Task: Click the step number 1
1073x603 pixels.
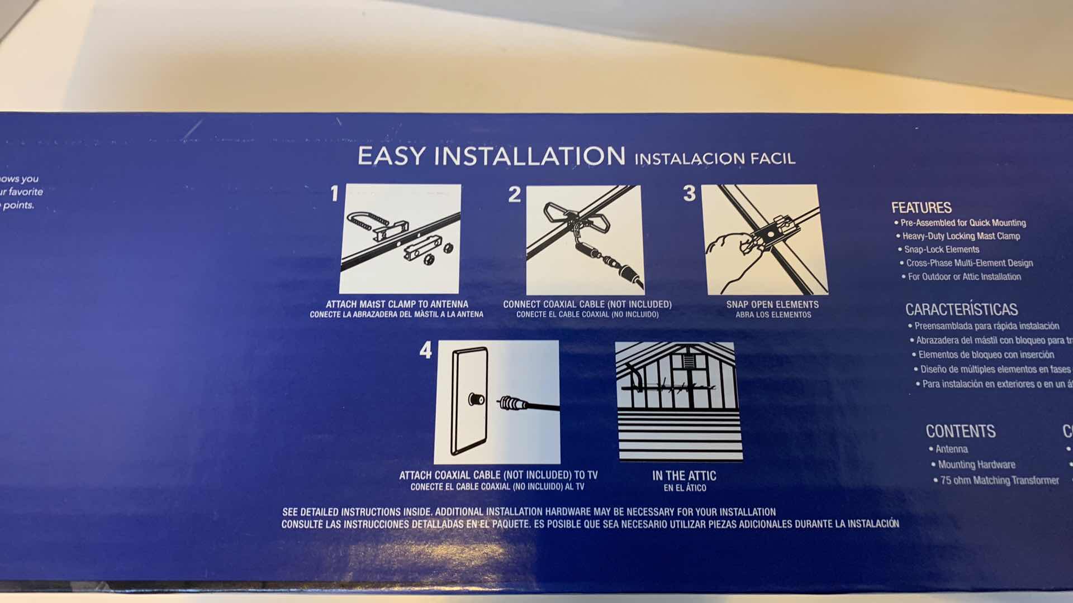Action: point(334,194)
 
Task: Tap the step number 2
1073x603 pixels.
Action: point(514,194)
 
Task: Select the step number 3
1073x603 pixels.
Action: point(689,193)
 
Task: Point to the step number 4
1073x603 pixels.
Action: point(426,350)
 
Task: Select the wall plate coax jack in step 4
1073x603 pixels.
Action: point(476,399)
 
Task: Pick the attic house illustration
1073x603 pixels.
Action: point(679,401)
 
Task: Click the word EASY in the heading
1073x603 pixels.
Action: point(392,156)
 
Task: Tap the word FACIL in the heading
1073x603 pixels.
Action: point(772,159)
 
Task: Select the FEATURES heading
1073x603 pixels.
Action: point(921,208)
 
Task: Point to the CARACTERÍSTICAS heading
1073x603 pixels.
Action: point(961,309)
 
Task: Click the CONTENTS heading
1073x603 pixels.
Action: point(960,431)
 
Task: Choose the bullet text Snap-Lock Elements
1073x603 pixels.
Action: point(942,250)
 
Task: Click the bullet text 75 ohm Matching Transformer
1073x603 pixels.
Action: point(999,480)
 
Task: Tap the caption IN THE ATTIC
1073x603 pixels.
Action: point(684,476)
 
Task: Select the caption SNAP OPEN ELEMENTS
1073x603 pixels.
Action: point(772,304)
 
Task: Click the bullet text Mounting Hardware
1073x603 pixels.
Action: point(976,465)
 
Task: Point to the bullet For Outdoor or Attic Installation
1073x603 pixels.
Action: point(964,277)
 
